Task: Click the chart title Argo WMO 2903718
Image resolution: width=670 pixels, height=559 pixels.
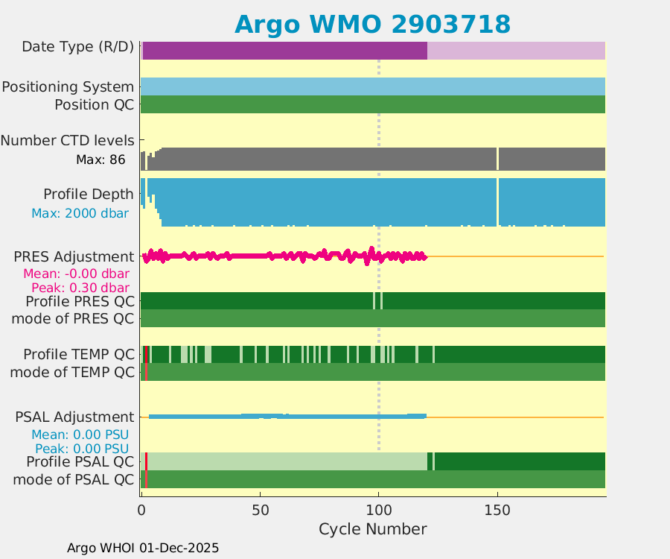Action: (x=372, y=24)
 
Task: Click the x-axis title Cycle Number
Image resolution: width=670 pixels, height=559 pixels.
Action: (x=372, y=529)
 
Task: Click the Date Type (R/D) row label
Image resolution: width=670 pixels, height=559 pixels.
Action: (x=77, y=47)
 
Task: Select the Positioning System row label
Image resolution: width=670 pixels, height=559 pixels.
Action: (x=68, y=87)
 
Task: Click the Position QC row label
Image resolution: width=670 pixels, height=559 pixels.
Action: (x=94, y=105)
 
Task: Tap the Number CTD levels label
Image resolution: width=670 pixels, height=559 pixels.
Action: (x=67, y=140)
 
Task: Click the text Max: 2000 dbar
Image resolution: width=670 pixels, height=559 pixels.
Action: (x=80, y=213)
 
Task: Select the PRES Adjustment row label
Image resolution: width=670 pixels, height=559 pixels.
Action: (x=74, y=257)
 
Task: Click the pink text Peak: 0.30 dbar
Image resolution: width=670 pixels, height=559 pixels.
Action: (x=80, y=287)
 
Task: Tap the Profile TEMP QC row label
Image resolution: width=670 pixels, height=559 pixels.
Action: (x=79, y=354)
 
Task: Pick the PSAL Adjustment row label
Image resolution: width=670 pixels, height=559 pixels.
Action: (x=74, y=417)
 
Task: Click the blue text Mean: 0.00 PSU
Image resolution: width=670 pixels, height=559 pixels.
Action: (x=80, y=435)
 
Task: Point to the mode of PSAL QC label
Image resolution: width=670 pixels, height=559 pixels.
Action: (x=74, y=479)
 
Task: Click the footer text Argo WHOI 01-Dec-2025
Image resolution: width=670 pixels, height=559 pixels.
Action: (x=143, y=548)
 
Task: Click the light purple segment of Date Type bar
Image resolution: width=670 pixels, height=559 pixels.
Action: (x=516, y=51)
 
